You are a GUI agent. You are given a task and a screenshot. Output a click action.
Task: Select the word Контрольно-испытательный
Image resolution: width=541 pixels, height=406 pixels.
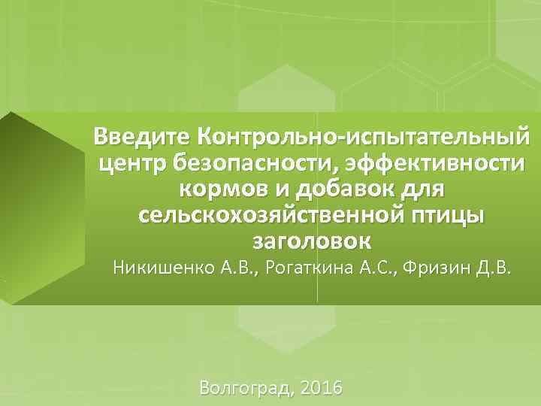(362, 138)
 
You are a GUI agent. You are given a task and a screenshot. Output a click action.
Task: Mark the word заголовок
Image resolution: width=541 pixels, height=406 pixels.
(309, 241)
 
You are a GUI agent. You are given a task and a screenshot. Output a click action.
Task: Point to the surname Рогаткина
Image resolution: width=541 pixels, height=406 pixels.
(325, 268)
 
